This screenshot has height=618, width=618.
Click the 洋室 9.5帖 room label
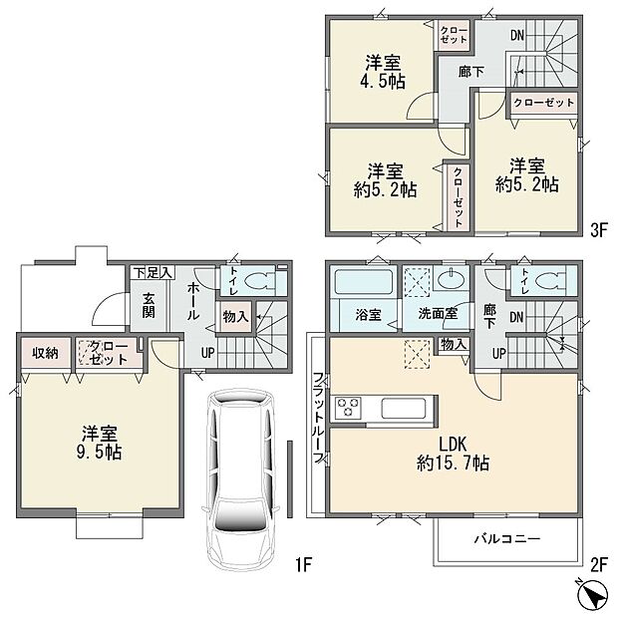[102, 444]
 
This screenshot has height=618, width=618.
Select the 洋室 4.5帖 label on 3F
[385, 71]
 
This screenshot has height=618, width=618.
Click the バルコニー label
[506, 538]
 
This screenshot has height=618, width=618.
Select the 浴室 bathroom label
[368, 314]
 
